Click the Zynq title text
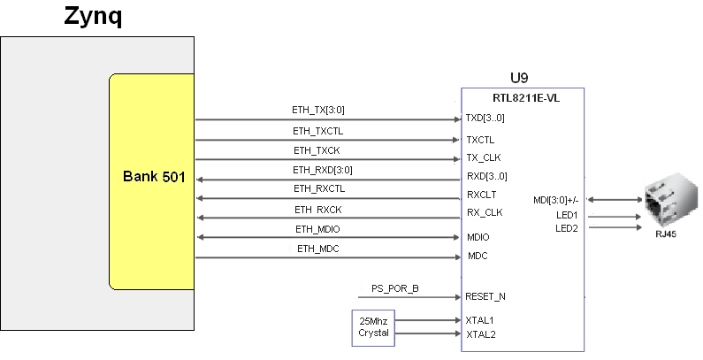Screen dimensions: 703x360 (93, 17)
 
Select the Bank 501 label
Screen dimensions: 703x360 (154, 177)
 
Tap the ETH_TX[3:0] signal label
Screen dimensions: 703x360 (317, 110)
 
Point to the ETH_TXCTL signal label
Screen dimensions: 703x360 (317, 131)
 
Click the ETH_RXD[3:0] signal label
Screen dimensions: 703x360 (323, 170)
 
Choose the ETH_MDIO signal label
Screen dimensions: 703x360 (317, 229)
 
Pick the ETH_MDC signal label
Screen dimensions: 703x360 (317, 249)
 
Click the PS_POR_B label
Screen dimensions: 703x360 (395, 288)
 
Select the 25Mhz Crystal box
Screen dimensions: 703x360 (373, 328)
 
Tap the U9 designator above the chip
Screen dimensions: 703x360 (519, 78)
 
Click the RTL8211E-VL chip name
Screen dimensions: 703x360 (526, 98)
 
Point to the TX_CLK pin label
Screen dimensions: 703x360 (484, 157)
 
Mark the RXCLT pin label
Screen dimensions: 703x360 (482, 195)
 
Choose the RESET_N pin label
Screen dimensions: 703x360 (485, 296)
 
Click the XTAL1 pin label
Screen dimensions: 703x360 (479, 320)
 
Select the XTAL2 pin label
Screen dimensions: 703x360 (481, 334)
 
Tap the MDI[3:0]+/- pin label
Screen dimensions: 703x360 (556, 200)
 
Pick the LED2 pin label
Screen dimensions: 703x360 (567, 228)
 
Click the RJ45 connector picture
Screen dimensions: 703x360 (670, 200)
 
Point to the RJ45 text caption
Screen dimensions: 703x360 (666, 234)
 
